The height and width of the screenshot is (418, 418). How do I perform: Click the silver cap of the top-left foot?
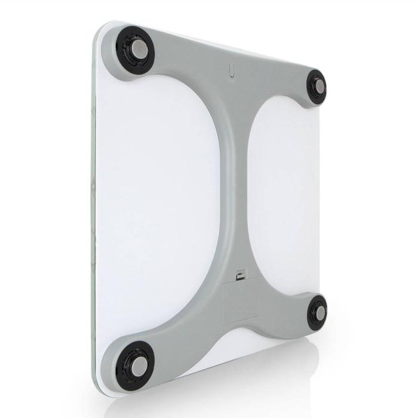coord(136,48)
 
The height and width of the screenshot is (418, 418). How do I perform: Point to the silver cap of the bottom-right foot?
coord(320,312)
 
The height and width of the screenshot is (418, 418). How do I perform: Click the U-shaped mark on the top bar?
coord(232,72)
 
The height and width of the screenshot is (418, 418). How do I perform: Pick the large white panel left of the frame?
coord(161,191)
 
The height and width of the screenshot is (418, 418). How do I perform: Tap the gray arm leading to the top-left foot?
coord(179,66)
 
